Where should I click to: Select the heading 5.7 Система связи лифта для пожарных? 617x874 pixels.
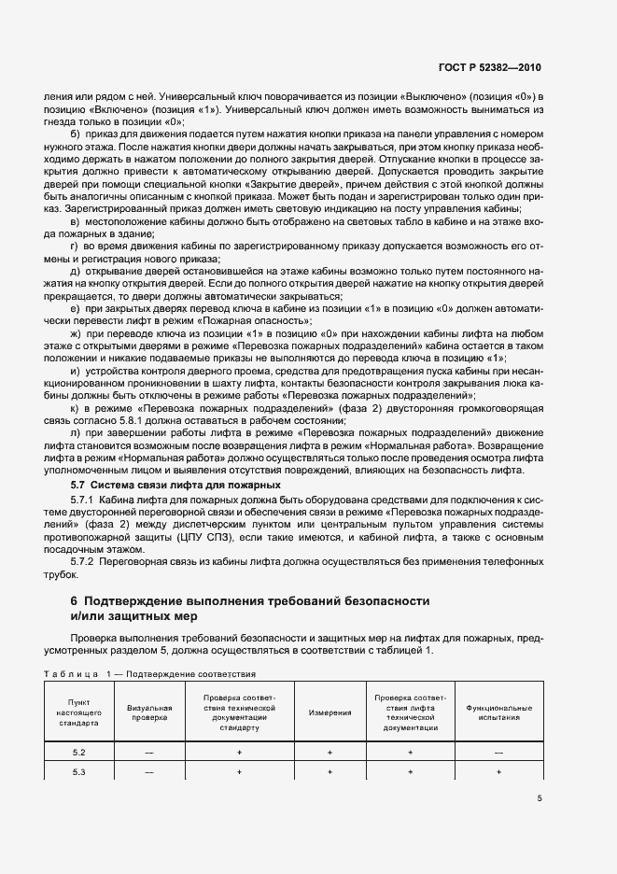176,486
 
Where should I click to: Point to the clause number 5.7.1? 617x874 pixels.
86,501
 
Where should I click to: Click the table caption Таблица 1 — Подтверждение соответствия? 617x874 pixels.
149,672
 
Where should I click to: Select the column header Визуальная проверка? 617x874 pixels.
149,712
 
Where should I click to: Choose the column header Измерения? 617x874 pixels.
330,712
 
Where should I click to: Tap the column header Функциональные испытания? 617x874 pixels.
498,712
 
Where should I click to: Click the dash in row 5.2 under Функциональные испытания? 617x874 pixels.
498,752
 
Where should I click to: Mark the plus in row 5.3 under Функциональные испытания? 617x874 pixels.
498,772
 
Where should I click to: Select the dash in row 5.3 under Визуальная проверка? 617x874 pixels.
149,772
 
